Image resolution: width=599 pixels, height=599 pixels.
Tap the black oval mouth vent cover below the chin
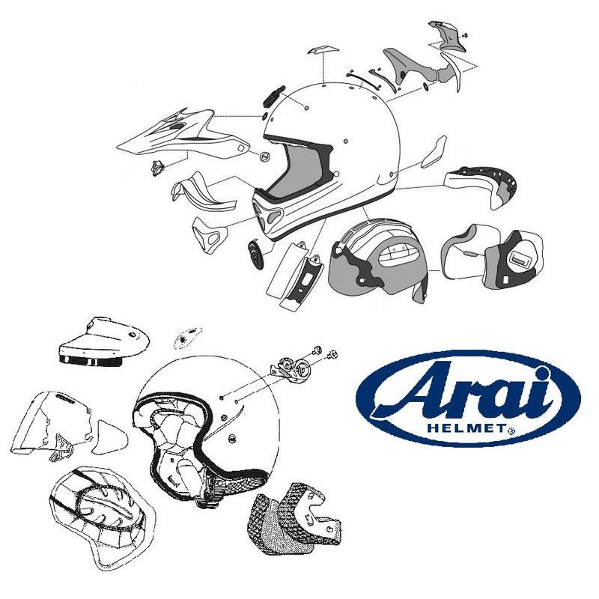tap(255, 255)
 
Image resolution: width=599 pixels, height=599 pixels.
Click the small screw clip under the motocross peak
tap(157, 166)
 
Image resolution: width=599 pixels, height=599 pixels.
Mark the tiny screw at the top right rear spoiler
tap(463, 34)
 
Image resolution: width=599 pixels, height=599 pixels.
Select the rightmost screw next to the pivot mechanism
tap(332, 351)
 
